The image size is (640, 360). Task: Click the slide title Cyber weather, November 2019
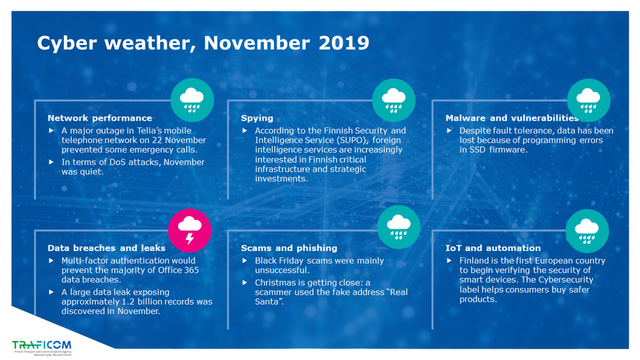click(203, 43)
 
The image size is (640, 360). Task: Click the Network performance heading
click(100, 118)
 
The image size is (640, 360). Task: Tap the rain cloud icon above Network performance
click(192, 100)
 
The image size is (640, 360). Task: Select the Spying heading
click(257, 118)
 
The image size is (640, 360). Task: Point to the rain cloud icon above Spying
click(393, 100)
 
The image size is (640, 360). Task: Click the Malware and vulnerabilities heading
click(511, 118)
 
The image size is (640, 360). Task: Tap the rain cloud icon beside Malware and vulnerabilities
click(588, 100)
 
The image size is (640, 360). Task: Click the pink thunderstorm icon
click(190, 229)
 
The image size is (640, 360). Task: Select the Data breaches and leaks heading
click(107, 248)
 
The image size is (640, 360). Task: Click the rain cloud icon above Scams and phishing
click(399, 227)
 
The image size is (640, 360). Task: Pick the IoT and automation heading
click(493, 248)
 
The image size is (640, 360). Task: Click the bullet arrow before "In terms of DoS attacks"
click(52, 162)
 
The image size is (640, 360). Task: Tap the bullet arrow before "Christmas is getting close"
click(245, 283)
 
